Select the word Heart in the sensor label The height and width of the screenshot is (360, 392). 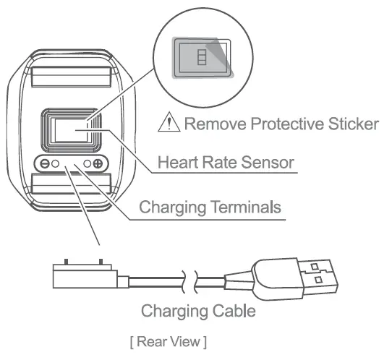[x=176, y=163]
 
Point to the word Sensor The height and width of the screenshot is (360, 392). [x=268, y=163]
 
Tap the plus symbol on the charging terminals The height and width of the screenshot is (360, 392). [x=97, y=164]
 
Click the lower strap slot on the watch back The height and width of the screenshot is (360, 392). [x=70, y=189]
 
